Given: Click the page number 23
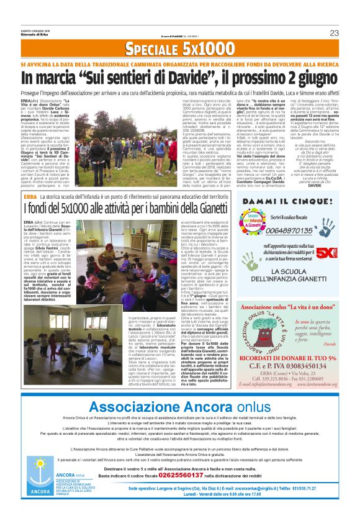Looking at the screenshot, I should pyautogui.click(x=351, y=32).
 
